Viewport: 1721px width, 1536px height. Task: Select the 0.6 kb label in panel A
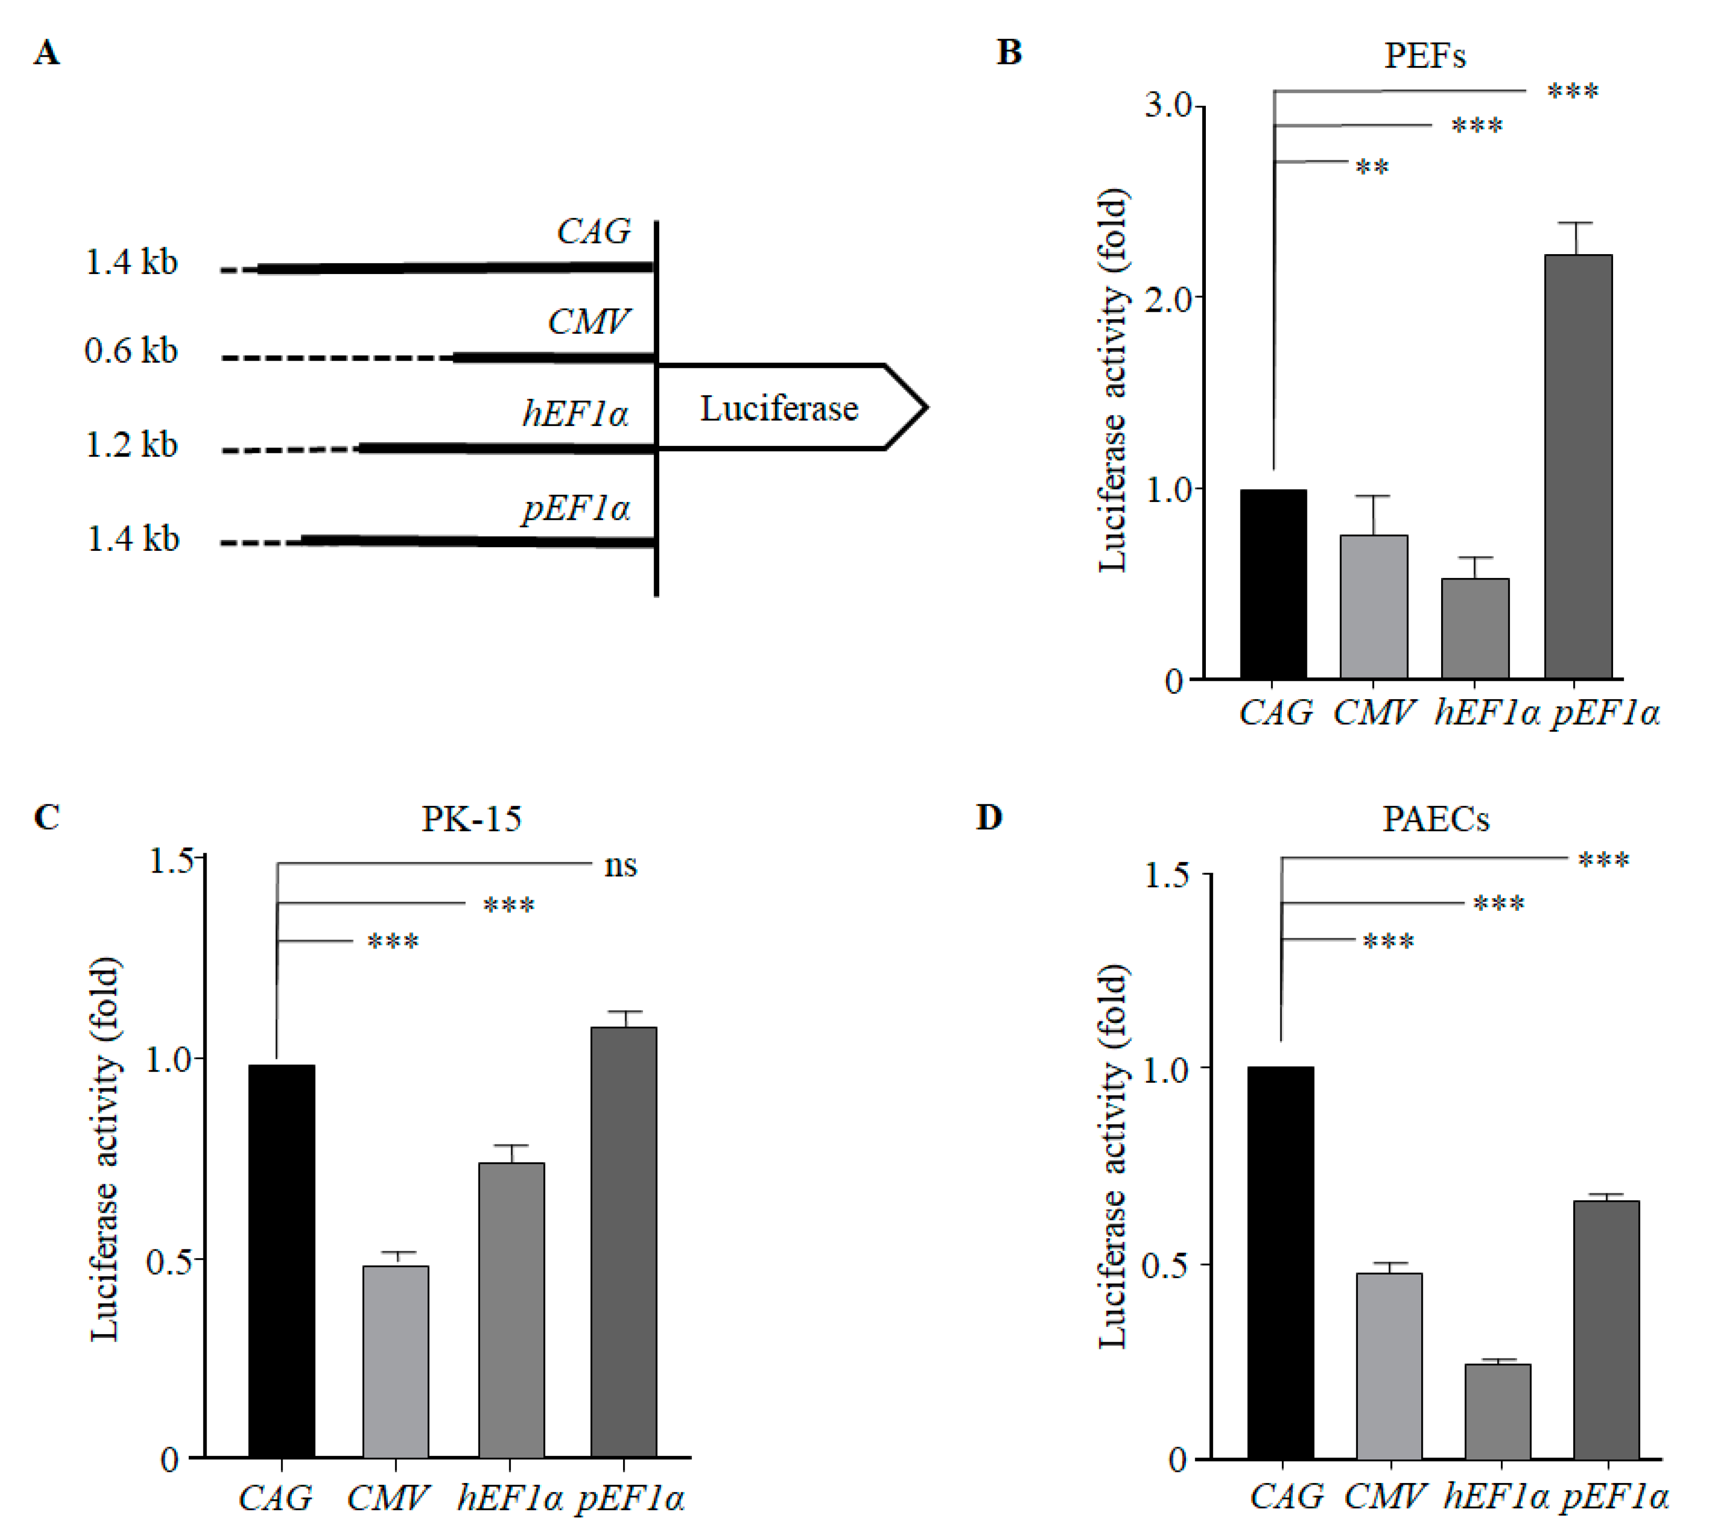coord(132,351)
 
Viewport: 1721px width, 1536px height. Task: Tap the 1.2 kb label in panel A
coord(132,445)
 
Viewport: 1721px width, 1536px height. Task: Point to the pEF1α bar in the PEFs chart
coord(1577,466)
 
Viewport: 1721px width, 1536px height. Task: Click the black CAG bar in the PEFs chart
coord(1273,584)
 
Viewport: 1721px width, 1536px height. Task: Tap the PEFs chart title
coord(1425,56)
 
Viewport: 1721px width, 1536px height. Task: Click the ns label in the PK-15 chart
coord(620,866)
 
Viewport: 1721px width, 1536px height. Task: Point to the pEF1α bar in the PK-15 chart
coord(624,1241)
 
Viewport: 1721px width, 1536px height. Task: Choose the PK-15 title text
coord(471,819)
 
